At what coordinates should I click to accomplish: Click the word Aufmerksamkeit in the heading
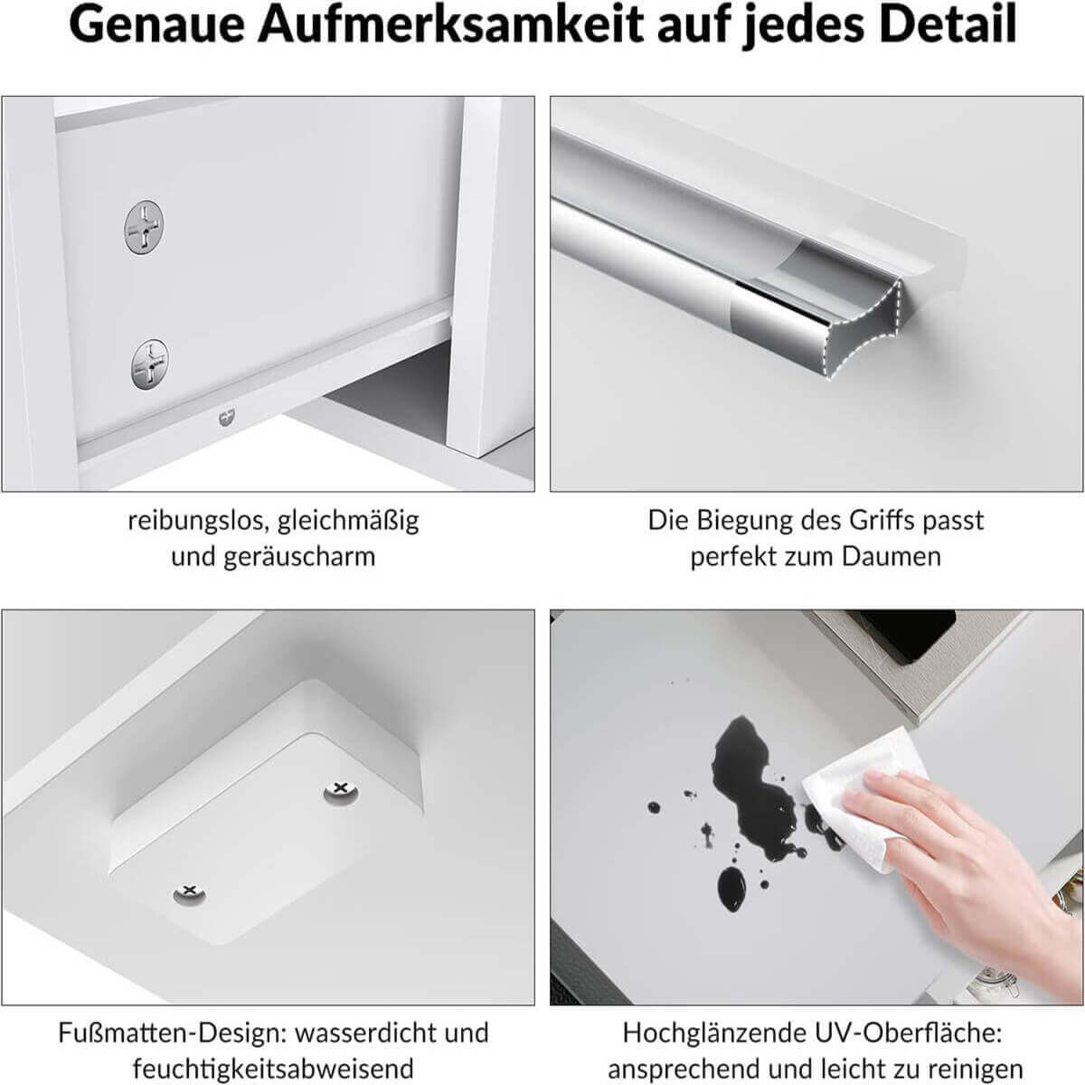450,24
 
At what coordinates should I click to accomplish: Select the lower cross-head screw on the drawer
150,364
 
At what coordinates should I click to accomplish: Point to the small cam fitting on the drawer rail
227,418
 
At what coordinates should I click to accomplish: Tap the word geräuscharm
299,557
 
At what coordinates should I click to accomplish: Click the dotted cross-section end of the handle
864,328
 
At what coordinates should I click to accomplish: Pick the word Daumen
892,557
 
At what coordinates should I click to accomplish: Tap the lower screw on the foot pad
189,892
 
